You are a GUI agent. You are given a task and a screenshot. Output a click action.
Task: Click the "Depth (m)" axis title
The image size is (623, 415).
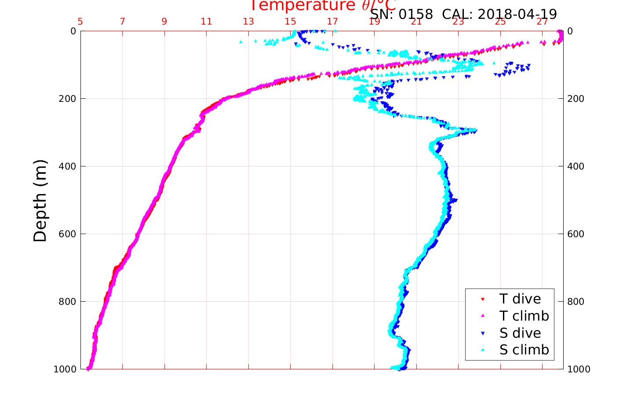[x=40, y=200]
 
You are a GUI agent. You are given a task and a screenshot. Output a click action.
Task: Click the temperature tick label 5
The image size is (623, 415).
[x=80, y=22]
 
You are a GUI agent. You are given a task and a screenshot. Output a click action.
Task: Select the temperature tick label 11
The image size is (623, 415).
[x=206, y=22]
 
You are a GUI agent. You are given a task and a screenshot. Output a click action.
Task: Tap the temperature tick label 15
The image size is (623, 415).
[x=290, y=22]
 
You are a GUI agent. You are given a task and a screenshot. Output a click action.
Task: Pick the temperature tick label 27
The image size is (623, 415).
[x=542, y=22]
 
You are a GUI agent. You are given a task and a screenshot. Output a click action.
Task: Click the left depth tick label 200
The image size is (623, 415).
[x=66, y=98]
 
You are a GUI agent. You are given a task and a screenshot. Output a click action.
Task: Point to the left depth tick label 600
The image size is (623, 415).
[x=66, y=234]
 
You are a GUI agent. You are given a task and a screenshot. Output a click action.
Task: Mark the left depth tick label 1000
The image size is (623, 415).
[x=64, y=369]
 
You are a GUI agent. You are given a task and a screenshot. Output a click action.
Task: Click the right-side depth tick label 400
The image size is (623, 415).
[x=576, y=166]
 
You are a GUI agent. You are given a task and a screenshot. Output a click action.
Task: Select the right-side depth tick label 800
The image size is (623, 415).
[x=576, y=301]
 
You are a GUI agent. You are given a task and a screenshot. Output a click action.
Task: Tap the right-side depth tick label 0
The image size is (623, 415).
[x=570, y=31]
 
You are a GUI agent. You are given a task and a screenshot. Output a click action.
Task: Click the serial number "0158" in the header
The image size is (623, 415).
[x=415, y=14]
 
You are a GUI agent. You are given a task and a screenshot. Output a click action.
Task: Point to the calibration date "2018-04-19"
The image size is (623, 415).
[x=517, y=14]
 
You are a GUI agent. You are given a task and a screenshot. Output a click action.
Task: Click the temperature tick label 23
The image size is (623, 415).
[x=458, y=22]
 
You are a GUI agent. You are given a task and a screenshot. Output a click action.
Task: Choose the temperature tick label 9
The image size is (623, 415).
[x=164, y=22]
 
